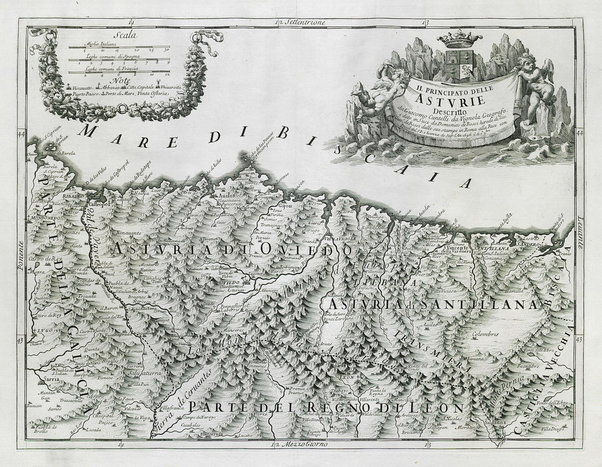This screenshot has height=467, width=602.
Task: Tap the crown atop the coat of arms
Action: (459, 39)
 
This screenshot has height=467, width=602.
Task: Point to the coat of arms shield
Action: (459, 64)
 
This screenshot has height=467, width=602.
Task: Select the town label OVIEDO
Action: (228, 282)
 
